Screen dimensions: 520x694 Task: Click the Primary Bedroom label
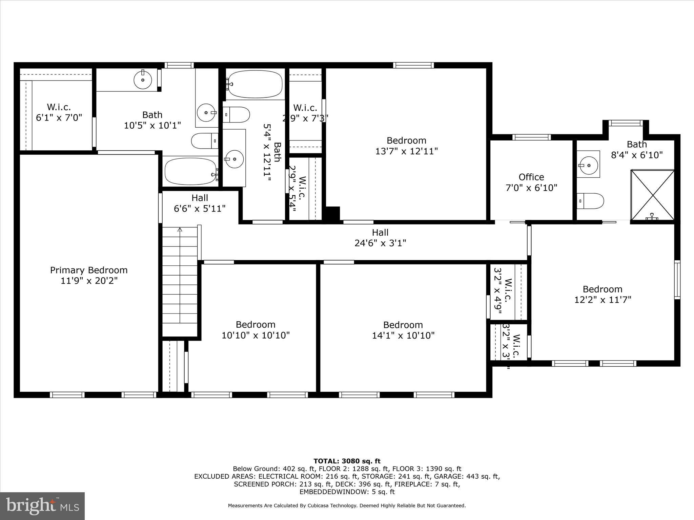point(89,270)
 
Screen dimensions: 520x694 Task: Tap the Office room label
point(531,177)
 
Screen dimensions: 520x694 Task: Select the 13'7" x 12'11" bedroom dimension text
point(406,151)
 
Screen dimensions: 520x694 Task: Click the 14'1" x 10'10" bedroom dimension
point(403,335)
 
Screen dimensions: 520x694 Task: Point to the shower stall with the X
point(652,195)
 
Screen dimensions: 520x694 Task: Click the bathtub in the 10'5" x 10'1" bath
point(191,171)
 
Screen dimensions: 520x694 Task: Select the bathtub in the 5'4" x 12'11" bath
point(255,84)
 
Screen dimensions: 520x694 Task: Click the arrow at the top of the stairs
point(180,230)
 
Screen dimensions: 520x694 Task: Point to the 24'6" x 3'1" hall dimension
point(380,243)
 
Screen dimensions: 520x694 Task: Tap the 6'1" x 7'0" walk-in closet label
point(59,118)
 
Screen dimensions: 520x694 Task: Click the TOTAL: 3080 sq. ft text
point(347,461)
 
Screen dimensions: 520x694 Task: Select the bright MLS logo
point(42,506)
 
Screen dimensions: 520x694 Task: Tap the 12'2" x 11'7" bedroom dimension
point(603,300)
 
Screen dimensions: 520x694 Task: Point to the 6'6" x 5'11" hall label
point(200,203)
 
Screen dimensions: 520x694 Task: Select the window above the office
point(531,137)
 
